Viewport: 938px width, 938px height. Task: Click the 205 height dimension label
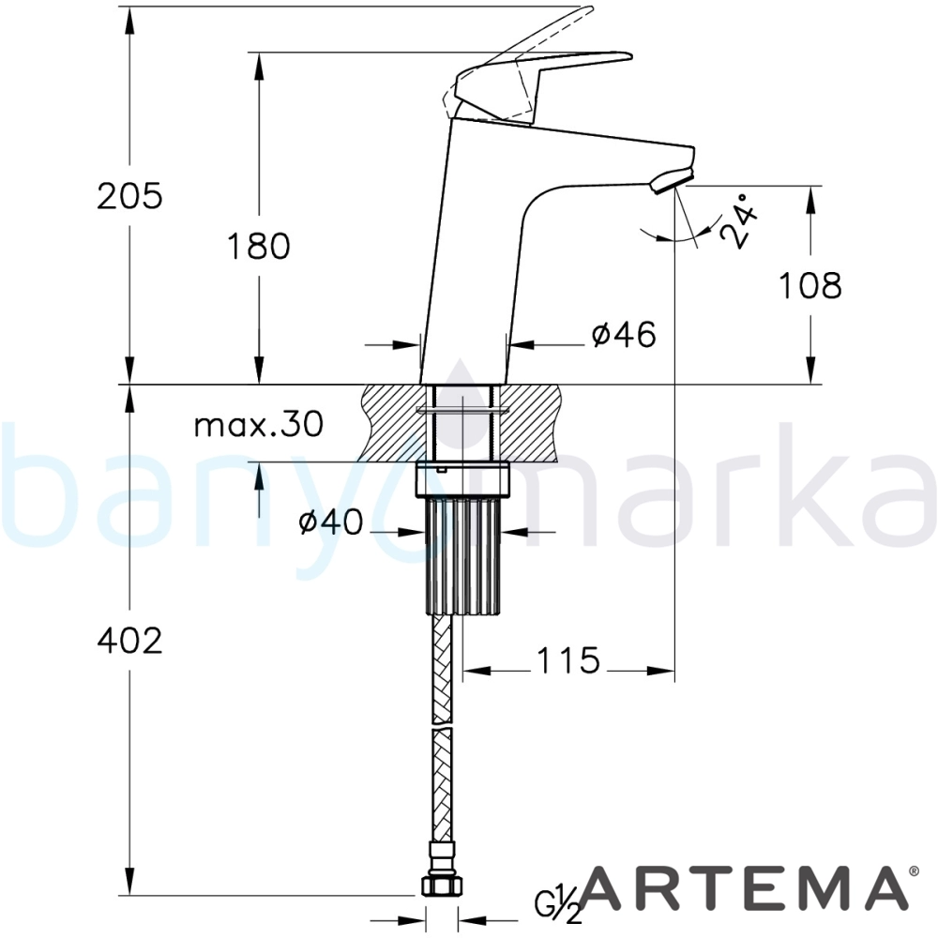click(x=129, y=196)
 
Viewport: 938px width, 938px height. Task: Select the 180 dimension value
click(x=259, y=246)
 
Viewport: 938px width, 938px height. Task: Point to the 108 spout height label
click(x=810, y=285)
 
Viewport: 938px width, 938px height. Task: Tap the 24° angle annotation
click(x=738, y=220)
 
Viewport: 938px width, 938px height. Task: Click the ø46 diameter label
click(x=624, y=334)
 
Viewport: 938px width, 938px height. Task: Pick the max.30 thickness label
click(x=259, y=424)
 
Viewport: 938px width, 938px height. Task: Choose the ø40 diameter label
click(x=331, y=522)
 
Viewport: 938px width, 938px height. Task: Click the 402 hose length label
click(x=129, y=641)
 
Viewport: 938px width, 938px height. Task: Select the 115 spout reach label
click(x=567, y=660)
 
